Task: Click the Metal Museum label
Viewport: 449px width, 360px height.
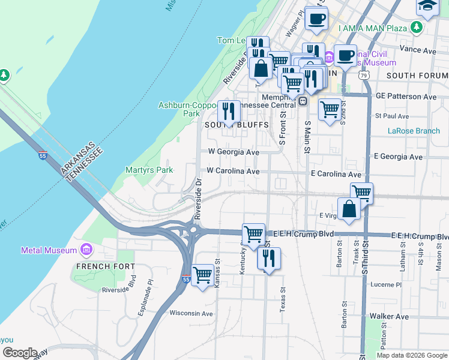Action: [x=49, y=250]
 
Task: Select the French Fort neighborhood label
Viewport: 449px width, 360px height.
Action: [x=101, y=266]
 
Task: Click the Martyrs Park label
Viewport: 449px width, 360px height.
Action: [x=149, y=170]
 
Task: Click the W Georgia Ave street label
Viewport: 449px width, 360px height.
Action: [x=233, y=152]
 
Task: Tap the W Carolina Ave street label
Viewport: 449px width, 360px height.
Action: [x=233, y=171]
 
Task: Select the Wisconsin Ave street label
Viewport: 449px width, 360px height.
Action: [x=191, y=313]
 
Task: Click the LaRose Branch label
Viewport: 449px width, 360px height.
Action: [x=414, y=131]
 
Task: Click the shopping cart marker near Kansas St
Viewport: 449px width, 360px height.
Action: [x=203, y=275]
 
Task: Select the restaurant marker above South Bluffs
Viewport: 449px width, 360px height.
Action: [x=229, y=111]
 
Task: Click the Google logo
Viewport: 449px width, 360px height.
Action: [x=20, y=353]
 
